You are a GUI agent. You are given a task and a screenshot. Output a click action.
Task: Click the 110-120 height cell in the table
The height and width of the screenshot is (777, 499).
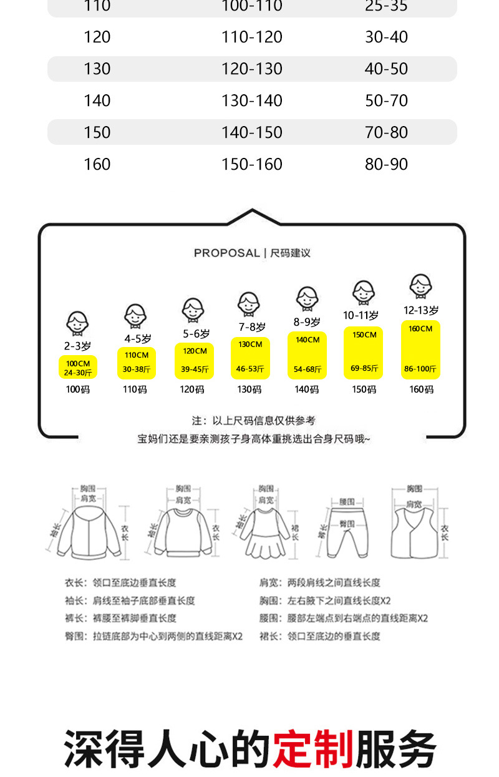pos(252,37)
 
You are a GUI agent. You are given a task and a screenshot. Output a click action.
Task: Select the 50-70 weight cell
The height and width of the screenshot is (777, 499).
pos(386,100)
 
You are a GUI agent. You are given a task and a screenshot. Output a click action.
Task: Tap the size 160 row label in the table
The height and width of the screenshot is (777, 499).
pos(97,164)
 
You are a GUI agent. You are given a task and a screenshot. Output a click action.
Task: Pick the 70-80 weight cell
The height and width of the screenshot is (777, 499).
pos(386,132)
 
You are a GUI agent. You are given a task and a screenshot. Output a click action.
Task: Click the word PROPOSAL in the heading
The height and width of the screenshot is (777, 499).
pos(226,253)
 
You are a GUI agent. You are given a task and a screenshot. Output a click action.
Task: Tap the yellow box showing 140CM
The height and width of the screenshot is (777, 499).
pos(307,355)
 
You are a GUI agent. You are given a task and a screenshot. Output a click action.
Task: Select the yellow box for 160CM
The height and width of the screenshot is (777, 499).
pos(420,349)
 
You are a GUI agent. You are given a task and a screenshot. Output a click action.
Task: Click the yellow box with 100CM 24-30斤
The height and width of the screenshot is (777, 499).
pos(78,368)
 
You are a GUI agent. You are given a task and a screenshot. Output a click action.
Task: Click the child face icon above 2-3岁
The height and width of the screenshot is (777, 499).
pos(77,324)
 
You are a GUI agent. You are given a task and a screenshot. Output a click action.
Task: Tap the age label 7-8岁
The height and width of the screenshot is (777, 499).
pos(251,327)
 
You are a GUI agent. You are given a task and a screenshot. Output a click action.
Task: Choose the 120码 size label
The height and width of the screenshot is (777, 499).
pos(192,389)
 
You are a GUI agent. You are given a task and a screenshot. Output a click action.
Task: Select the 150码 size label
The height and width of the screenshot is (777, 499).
pos(364,389)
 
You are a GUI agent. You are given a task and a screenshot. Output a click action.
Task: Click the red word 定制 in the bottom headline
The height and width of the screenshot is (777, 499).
pos(313,748)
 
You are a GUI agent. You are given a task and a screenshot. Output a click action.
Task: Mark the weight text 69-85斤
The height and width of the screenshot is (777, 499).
pos(364,368)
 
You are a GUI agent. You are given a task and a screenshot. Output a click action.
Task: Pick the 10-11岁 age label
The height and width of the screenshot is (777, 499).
pos(361,315)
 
